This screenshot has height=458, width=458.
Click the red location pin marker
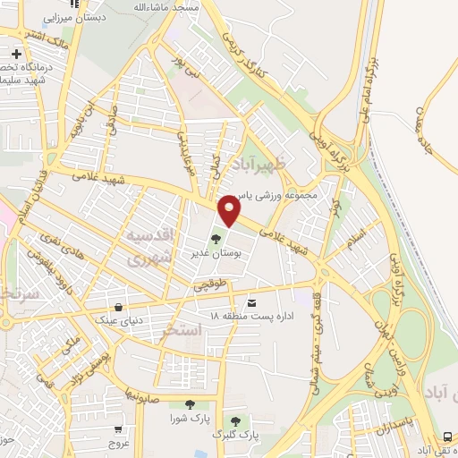(x=230, y=211)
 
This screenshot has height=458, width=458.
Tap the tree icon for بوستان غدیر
(x=215, y=240)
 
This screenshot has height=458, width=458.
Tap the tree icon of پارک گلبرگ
(x=235, y=420)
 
